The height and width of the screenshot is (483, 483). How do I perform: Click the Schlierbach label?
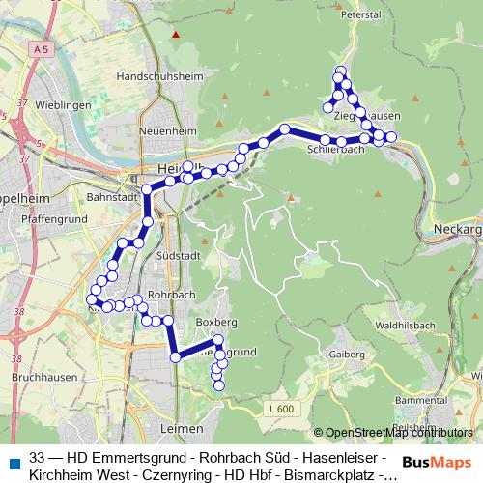[x=335, y=151]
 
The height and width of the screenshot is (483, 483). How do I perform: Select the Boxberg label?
[x=215, y=319]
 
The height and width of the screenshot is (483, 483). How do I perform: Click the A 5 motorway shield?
[x=40, y=48]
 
